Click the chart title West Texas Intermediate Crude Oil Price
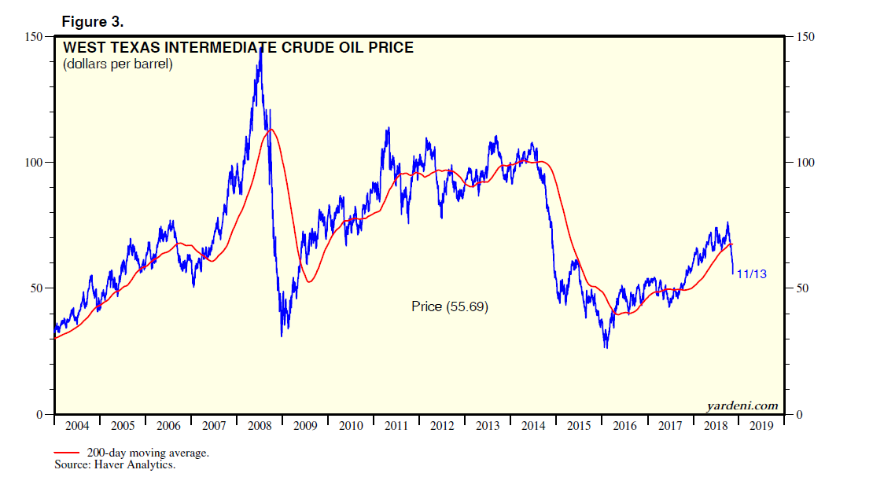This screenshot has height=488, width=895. [238, 48]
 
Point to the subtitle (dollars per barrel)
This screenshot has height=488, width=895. [118, 64]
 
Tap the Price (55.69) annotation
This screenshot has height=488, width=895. [450, 307]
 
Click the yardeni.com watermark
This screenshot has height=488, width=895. [742, 405]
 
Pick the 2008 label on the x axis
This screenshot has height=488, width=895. [260, 426]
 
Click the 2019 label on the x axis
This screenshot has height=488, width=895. [762, 426]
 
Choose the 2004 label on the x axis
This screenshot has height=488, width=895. [76, 426]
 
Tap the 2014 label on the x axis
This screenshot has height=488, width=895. [534, 426]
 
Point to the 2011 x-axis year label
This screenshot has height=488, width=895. [396, 426]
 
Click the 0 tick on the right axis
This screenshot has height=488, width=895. [800, 414]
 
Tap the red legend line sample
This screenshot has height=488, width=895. [67, 453]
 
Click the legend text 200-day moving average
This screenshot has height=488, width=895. [148, 453]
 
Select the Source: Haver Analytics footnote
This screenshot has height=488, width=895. [115, 465]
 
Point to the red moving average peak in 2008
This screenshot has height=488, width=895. [271, 129]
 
